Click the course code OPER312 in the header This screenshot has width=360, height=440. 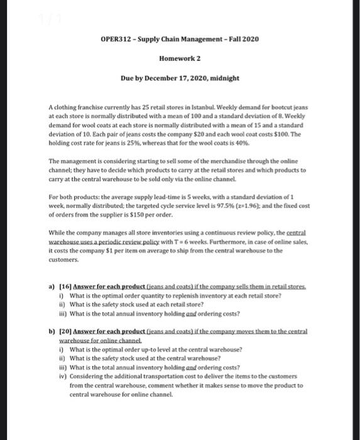click(116, 39)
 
